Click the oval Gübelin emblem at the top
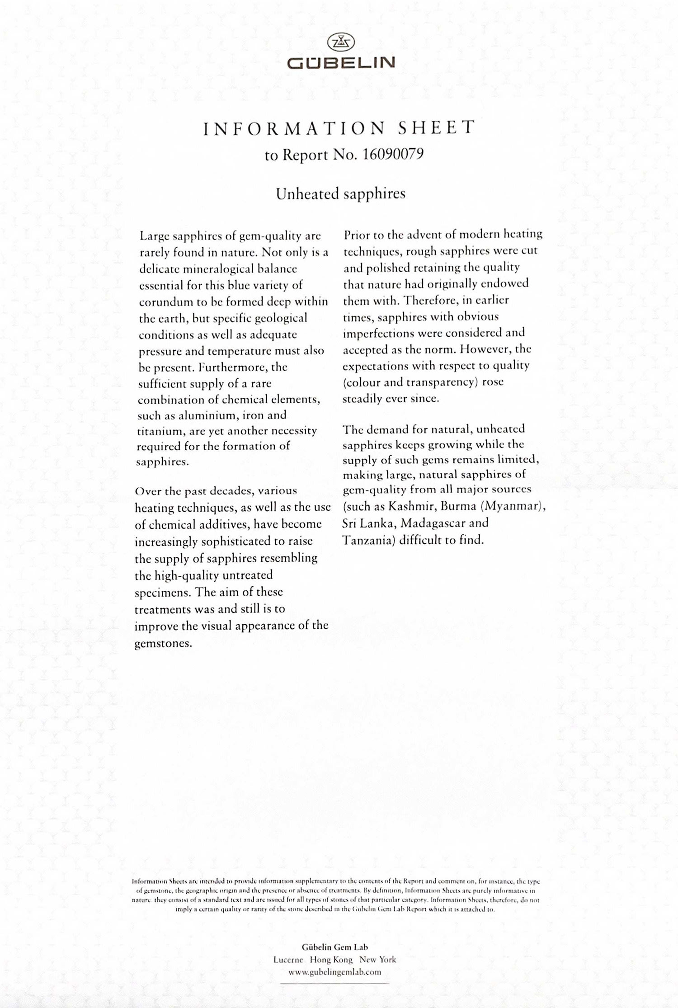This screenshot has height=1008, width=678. [x=340, y=42]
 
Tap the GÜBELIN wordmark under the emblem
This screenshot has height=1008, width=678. [x=341, y=62]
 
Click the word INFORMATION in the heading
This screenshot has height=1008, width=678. [x=294, y=129]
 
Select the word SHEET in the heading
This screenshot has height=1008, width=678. [x=436, y=128]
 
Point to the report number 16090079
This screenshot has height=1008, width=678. [x=393, y=154]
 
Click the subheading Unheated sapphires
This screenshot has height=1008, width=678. [x=340, y=193]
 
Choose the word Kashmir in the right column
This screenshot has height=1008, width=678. [x=411, y=506]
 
